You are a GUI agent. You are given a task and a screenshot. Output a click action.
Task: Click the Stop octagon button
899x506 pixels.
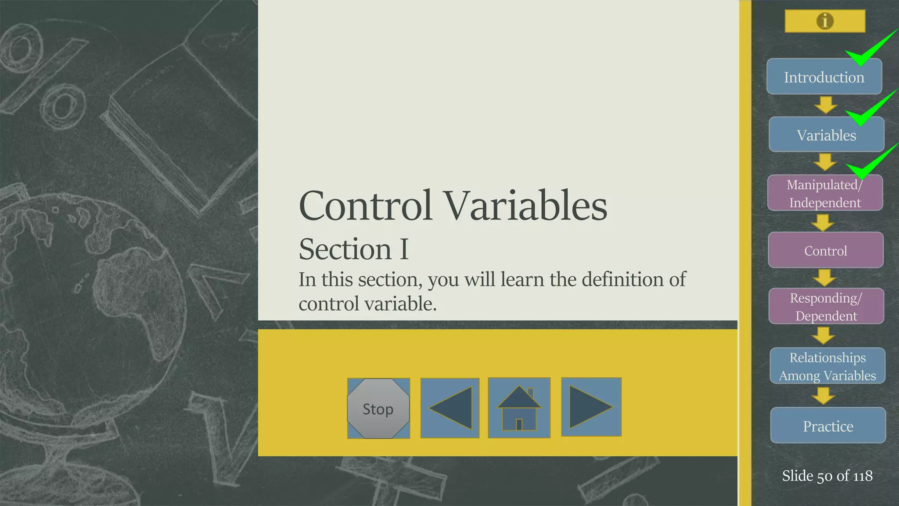[x=378, y=408]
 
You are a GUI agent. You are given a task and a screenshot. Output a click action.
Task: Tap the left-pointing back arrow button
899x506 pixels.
[x=450, y=408]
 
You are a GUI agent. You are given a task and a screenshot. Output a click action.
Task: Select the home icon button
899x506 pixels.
[x=519, y=408]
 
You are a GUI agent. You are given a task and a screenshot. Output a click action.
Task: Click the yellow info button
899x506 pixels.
[x=825, y=21]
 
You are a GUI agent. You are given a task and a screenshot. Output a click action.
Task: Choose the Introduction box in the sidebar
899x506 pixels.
[x=824, y=77]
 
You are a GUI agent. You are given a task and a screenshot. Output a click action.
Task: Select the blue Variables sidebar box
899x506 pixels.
[x=826, y=135]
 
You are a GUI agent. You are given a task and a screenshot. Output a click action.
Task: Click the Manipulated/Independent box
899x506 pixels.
[x=825, y=193]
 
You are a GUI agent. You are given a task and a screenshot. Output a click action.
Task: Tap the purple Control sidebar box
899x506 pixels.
[x=825, y=250]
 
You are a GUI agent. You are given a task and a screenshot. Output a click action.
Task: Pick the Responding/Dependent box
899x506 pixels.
[x=826, y=307]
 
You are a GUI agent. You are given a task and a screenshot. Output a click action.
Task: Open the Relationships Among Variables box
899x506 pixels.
[x=827, y=366]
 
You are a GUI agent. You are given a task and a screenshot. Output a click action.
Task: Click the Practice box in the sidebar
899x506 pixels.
[x=828, y=426]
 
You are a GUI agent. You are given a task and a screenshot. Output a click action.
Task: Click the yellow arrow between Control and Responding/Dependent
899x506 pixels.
[x=824, y=278]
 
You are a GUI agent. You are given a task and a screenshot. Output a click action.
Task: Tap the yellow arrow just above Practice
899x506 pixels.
[x=823, y=395]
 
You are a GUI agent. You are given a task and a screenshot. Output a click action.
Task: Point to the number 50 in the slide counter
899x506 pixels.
[x=824, y=476]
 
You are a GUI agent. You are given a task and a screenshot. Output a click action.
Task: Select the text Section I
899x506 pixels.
[x=353, y=249]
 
